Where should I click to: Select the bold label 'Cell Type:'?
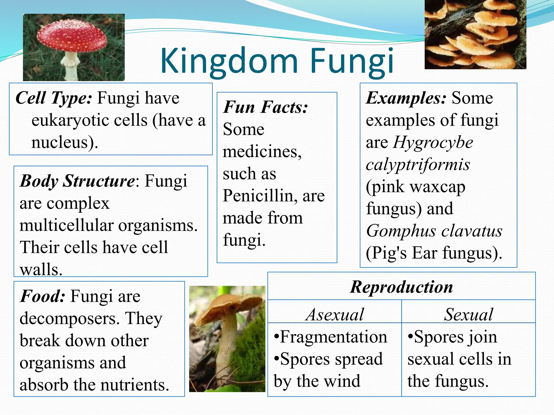pos(54,98)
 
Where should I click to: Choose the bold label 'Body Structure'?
pos(77,181)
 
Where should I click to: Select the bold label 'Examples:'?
pos(406,98)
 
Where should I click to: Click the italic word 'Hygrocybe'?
pos(433,142)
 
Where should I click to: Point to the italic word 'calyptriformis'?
pos(418,165)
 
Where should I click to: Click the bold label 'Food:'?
pos(42,296)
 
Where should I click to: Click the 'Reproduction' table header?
pos(401,287)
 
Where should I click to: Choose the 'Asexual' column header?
pos(335,314)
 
